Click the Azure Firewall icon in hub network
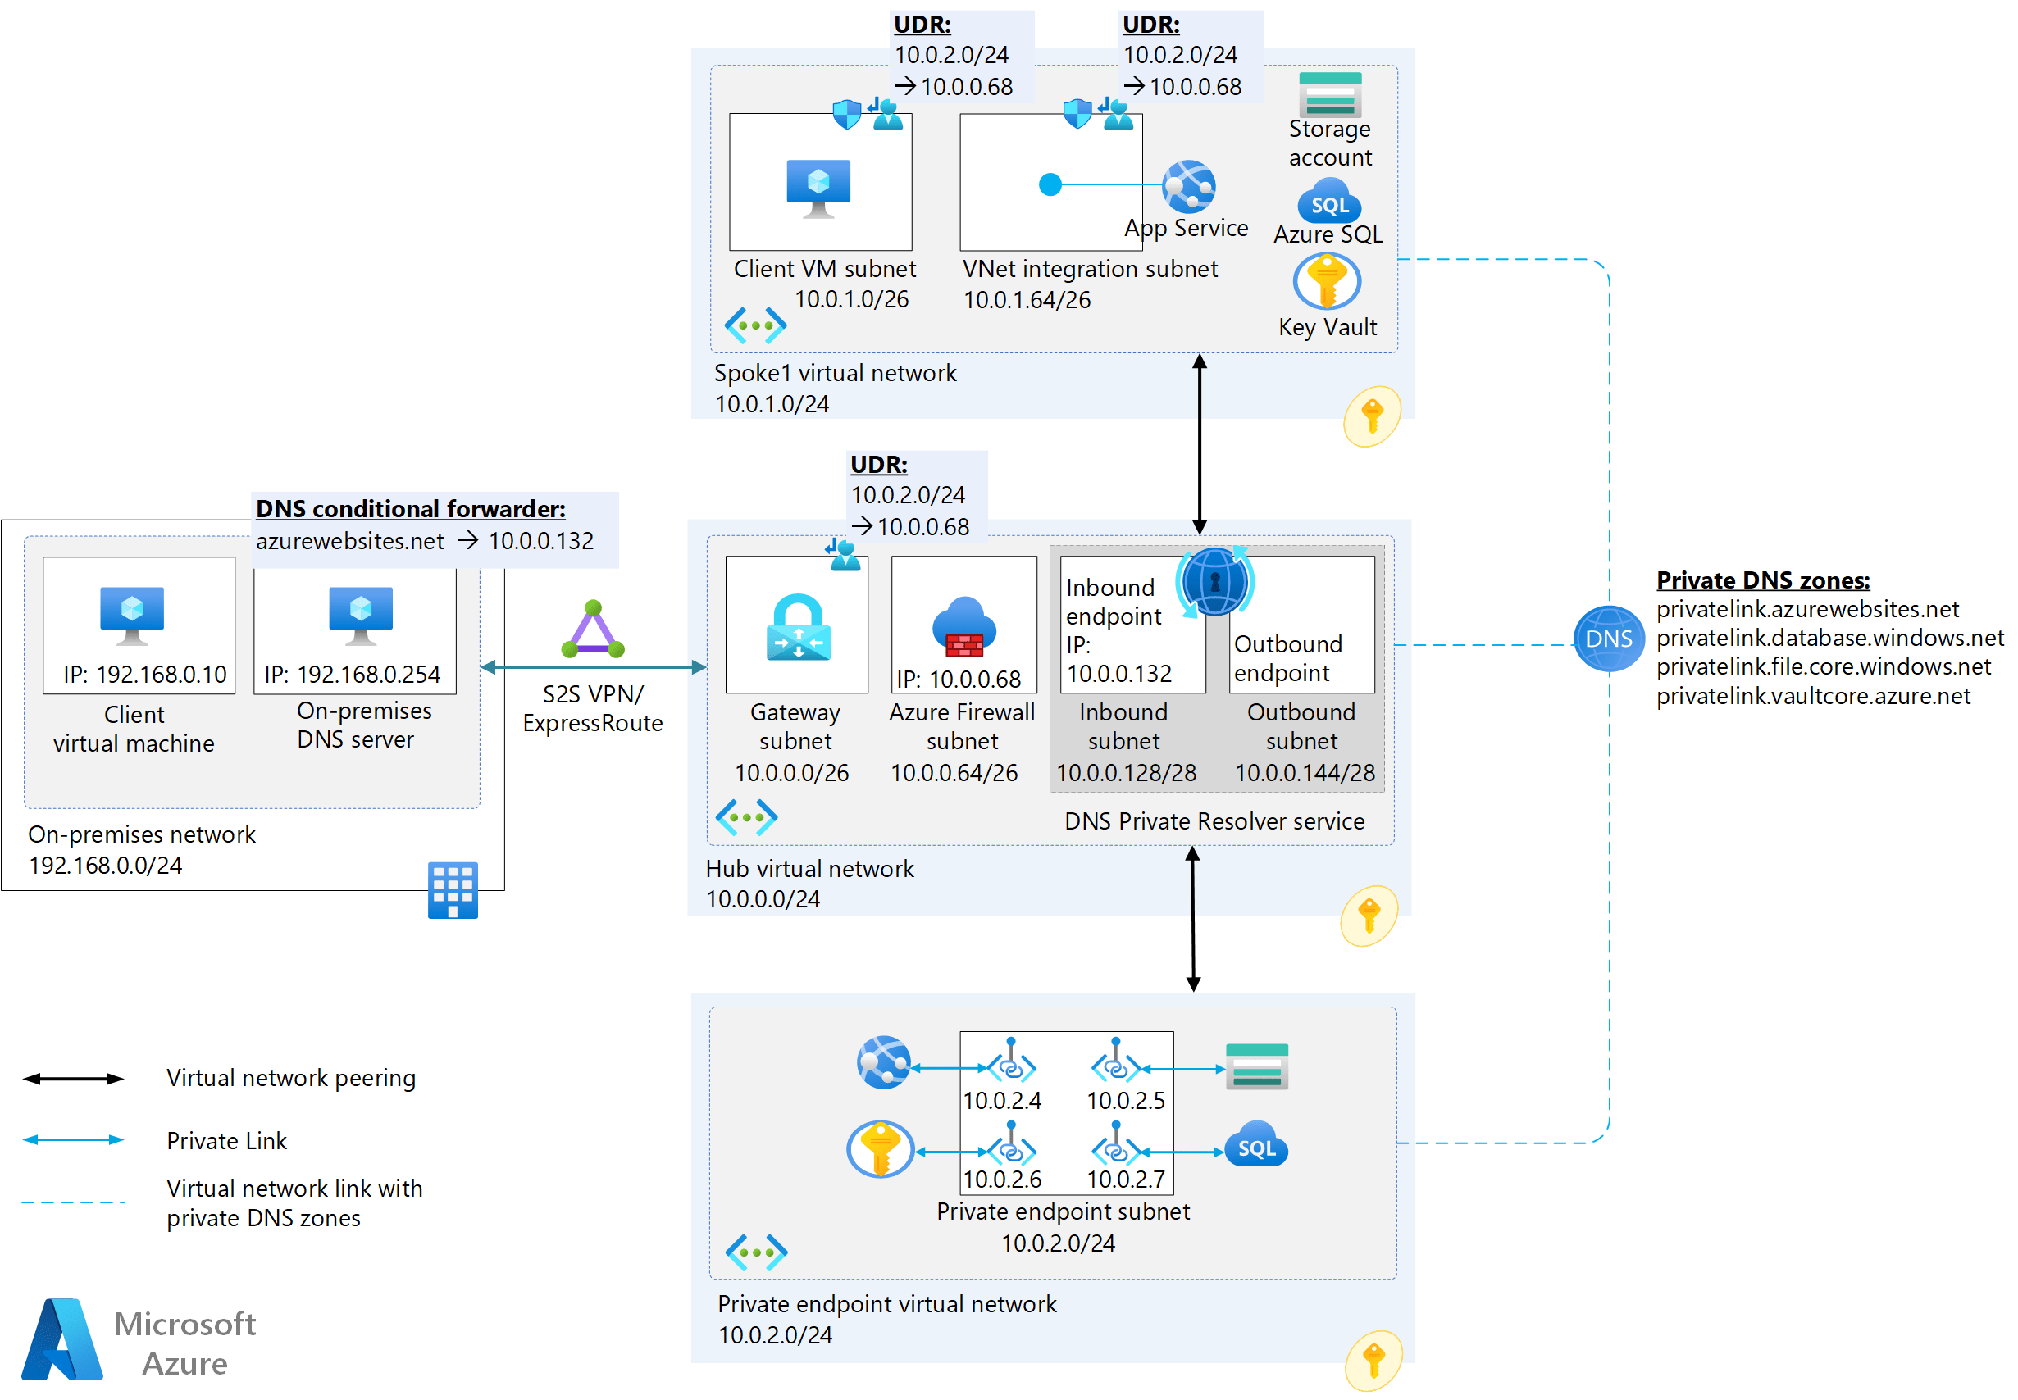click(963, 626)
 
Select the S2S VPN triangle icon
click(592, 630)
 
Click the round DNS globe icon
click(1607, 639)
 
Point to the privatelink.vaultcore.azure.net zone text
click(1812, 696)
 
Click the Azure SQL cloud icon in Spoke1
click(1328, 202)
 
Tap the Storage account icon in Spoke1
click(1329, 95)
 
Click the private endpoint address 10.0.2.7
click(1125, 1178)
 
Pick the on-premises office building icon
click(453, 889)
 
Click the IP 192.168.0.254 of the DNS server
click(352, 674)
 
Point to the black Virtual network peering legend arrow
click(73, 1078)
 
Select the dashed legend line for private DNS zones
click(73, 1202)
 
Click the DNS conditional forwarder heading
click(410, 509)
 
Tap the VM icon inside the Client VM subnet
click(818, 188)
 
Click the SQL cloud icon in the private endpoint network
click(1255, 1146)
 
